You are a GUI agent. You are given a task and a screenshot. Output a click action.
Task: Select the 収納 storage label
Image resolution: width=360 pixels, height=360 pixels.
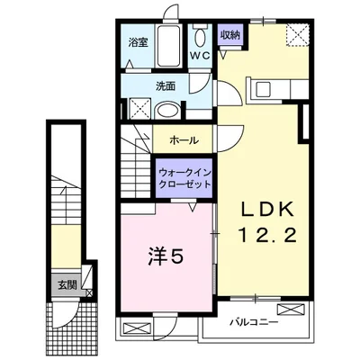(x=230, y=35)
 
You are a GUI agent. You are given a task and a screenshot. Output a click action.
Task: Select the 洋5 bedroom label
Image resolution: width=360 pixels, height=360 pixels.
(x=166, y=257)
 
